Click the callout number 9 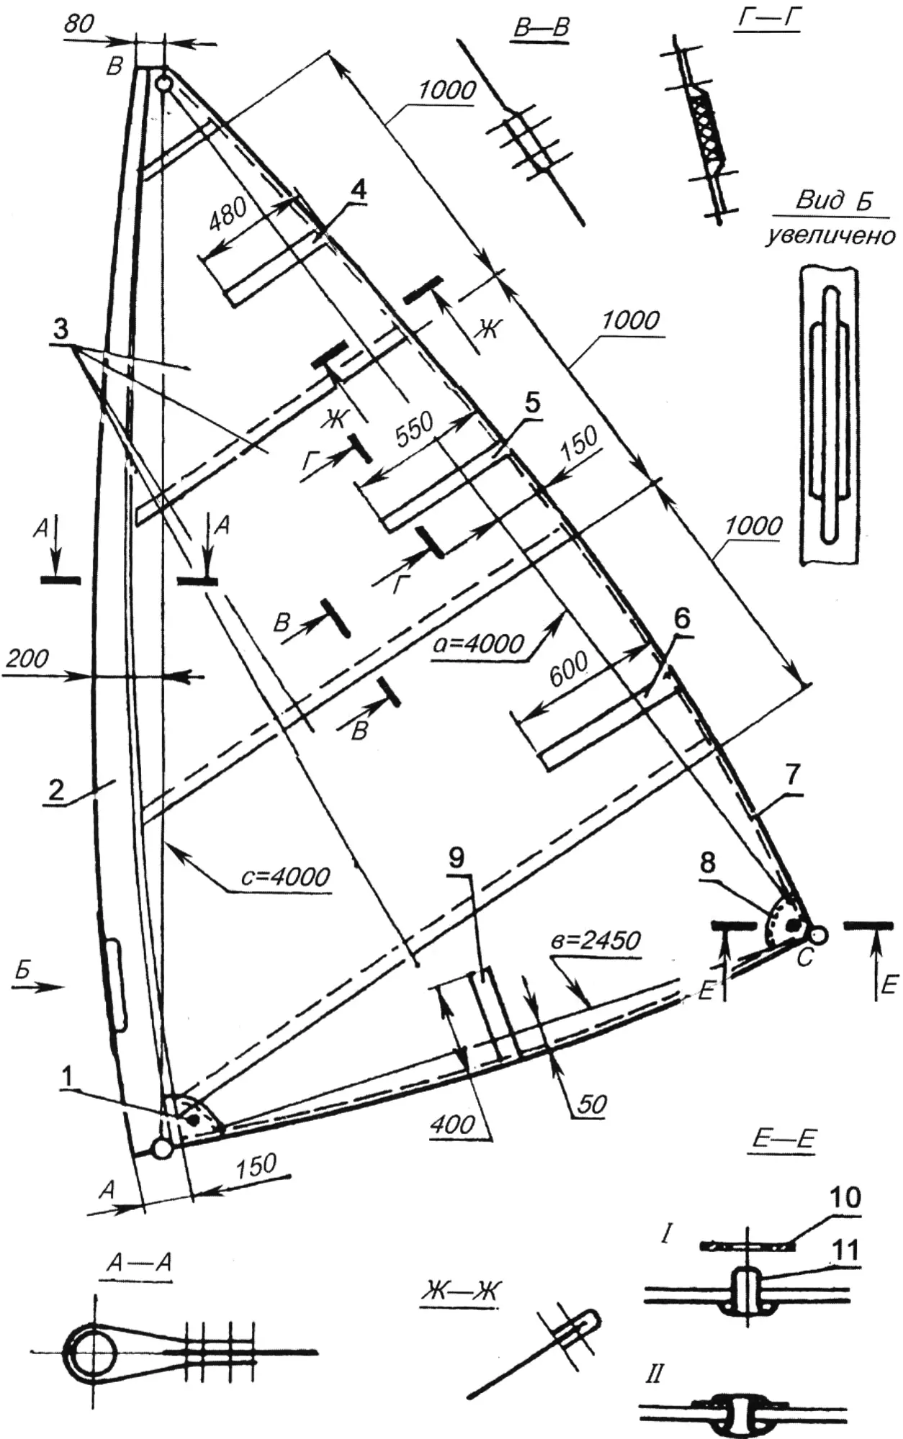tap(457, 857)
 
